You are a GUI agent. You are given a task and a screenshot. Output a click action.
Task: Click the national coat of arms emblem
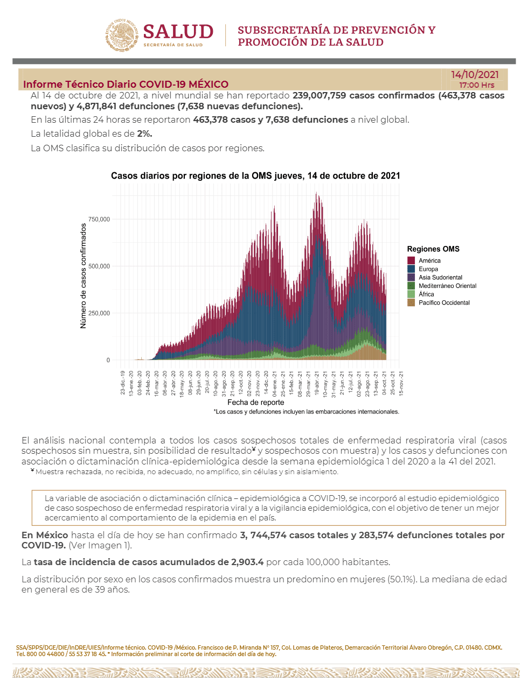click(121, 35)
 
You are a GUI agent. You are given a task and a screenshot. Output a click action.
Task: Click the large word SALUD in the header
click(178, 32)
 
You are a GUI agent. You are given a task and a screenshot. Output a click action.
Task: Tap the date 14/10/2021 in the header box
click(475, 74)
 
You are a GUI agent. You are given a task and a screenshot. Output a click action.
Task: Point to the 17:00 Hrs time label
click(476, 85)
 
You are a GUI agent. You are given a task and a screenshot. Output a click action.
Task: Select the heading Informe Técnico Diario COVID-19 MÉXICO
click(126, 85)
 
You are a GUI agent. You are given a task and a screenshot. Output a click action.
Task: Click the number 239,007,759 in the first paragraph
click(319, 96)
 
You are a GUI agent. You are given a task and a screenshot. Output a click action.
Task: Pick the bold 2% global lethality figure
click(144, 133)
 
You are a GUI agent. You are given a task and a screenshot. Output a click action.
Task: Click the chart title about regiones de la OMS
click(255, 175)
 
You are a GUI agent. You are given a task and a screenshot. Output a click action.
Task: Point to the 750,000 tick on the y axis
click(99, 219)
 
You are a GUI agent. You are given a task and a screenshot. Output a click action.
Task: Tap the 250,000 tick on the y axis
click(99, 313)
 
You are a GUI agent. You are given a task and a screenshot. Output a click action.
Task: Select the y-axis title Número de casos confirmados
click(83, 276)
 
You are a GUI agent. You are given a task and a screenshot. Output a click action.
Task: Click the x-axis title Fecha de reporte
click(255, 403)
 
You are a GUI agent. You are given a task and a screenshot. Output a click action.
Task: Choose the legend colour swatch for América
click(411, 260)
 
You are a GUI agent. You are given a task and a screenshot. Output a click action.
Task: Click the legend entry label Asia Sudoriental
click(440, 277)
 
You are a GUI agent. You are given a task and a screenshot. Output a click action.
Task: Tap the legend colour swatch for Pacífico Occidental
click(411, 302)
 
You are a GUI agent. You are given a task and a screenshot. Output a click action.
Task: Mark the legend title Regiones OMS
click(433, 249)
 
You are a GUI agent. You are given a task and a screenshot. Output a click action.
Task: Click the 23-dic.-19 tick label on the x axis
click(123, 383)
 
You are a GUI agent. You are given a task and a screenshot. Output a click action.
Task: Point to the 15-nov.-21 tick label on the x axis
click(401, 383)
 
